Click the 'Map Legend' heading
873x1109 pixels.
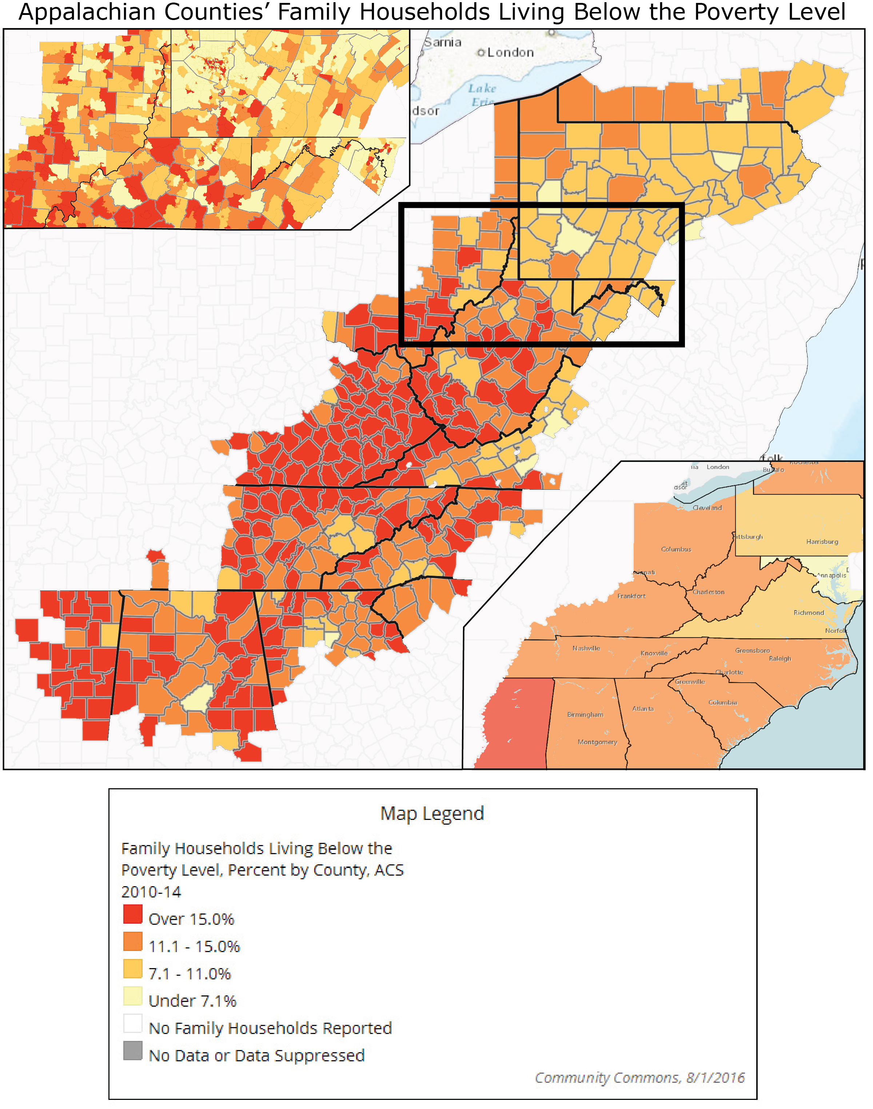pos(432,813)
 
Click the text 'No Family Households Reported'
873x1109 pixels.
pos(270,1028)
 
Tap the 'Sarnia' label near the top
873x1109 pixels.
pos(443,43)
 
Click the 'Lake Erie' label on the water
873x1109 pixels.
pos(482,95)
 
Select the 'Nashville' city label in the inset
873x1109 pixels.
pos(586,648)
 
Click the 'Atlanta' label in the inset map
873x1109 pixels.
pos(643,709)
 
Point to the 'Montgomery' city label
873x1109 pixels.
pos(598,742)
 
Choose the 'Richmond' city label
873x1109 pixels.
pos(809,612)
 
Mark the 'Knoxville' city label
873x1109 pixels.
pos(654,653)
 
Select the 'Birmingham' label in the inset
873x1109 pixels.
pos(585,715)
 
